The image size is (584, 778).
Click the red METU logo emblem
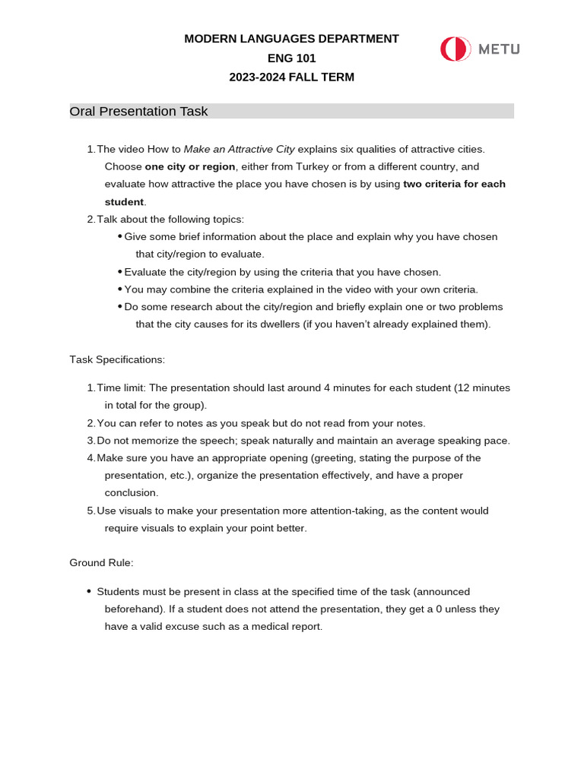(x=455, y=49)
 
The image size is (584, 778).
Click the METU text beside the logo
(x=499, y=49)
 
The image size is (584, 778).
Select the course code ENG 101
(x=291, y=58)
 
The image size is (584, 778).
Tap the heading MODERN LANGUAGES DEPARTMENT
(x=291, y=39)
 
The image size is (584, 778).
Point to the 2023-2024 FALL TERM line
(x=291, y=77)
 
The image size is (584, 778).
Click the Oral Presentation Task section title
(x=138, y=112)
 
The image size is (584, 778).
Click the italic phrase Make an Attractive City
(x=239, y=149)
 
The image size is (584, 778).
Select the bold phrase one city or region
(x=190, y=166)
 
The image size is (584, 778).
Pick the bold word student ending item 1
(x=124, y=202)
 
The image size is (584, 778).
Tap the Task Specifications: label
(x=117, y=359)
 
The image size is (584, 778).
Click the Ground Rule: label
(x=101, y=563)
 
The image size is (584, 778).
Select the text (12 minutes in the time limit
(x=482, y=387)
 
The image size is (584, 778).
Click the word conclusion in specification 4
(x=131, y=492)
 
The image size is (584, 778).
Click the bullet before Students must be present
(x=89, y=591)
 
